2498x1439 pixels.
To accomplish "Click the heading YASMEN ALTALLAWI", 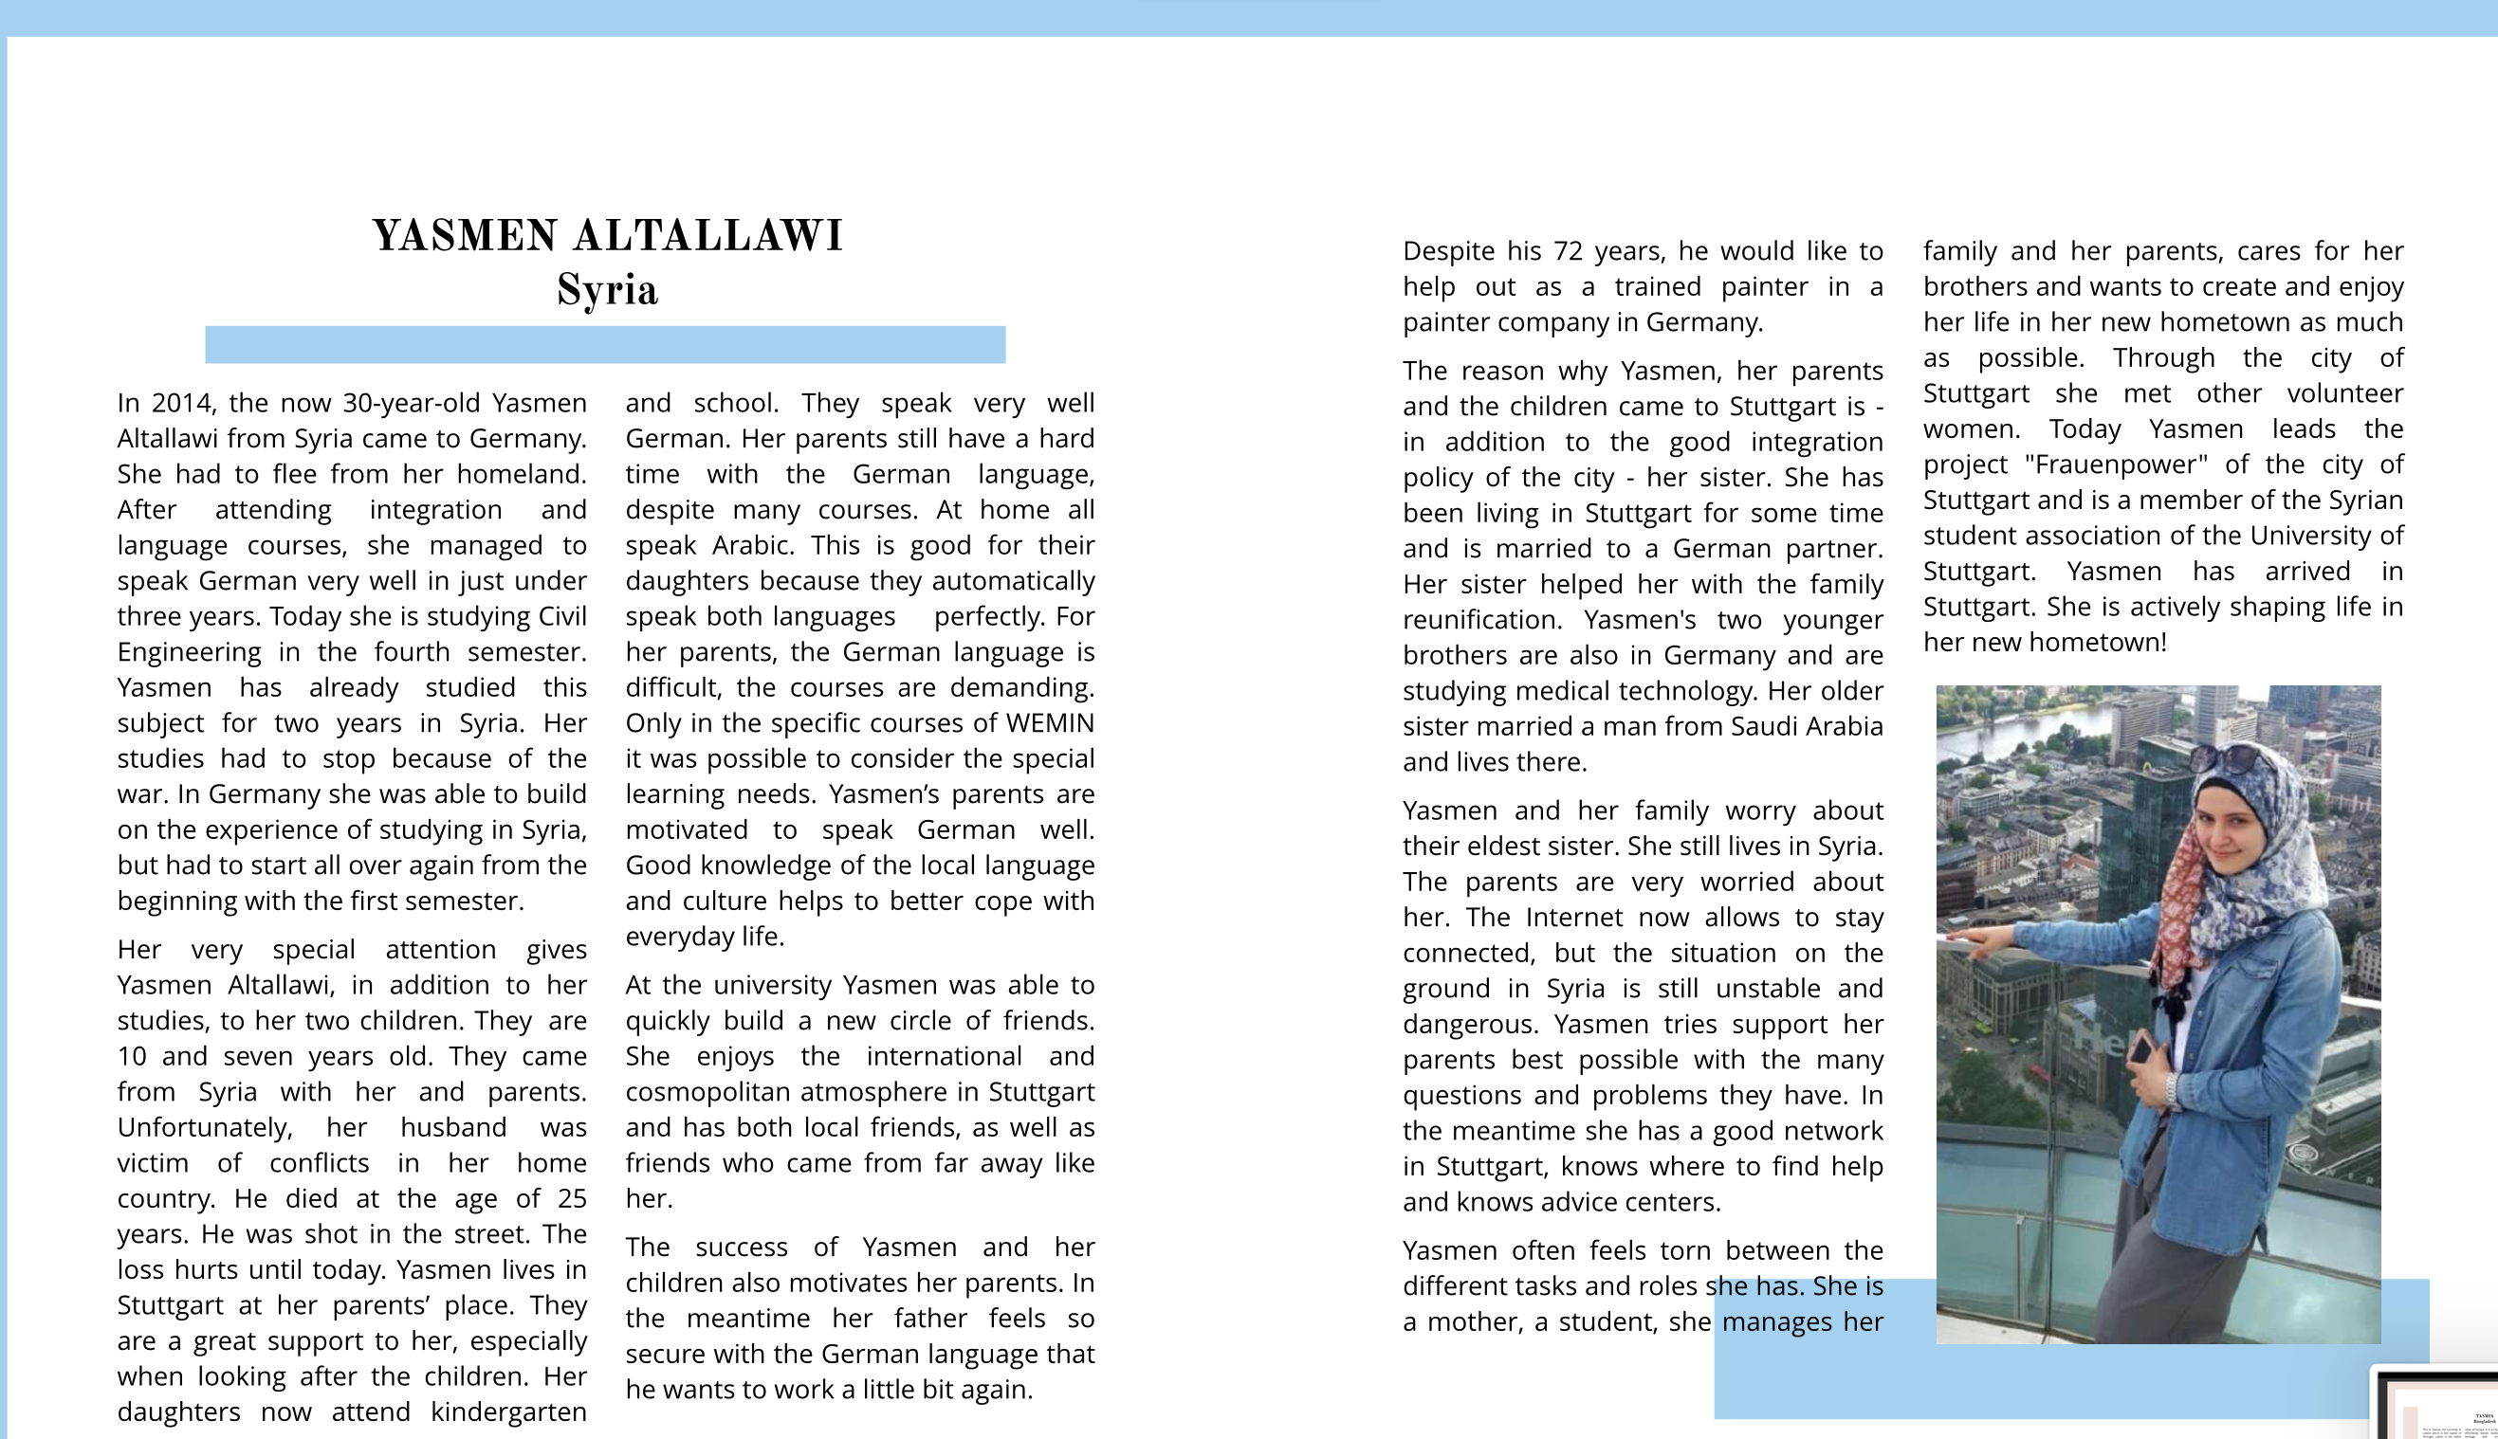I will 607,236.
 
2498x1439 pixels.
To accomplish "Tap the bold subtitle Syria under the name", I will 607,291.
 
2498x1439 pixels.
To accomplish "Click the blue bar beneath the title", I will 605,345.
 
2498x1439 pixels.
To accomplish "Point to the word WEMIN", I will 1050,723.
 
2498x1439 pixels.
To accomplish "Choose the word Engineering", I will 189,652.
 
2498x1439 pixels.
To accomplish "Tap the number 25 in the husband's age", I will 571,1198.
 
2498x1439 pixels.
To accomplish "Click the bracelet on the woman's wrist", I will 2173,1091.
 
